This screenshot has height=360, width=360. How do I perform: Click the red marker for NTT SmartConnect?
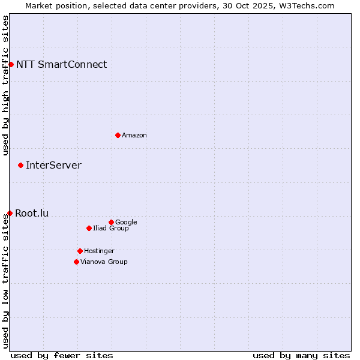(x=11, y=64)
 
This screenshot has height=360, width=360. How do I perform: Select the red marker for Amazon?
(x=118, y=135)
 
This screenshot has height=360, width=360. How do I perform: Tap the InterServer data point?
(x=20, y=165)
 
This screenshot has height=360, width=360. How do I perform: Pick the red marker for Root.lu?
(x=10, y=213)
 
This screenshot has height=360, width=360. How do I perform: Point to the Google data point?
(x=111, y=222)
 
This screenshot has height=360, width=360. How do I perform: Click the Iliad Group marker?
(x=89, y=228)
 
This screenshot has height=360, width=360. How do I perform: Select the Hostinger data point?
(x=80, y=251)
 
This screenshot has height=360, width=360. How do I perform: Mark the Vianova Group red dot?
(x=76, y=262)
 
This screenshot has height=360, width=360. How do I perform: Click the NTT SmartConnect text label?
(x=61, y=64)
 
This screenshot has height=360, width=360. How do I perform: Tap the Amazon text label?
(x=134, y=135)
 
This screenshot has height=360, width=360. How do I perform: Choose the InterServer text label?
(x=53, y=165)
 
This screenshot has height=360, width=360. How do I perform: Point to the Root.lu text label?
(x=32, y=213)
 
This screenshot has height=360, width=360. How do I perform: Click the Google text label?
(x=126, y=222)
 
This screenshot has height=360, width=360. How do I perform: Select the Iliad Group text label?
(x=111, y=228)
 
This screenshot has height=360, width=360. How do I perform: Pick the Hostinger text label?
(x=99, y=251)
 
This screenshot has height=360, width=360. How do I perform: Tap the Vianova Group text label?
(x=104, y=262)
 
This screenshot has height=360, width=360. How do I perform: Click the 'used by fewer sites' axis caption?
(x=62, y=355)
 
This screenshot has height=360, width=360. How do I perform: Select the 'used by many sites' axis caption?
(x=301, y=355)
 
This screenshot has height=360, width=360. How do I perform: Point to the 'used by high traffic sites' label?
(x=5, y=86)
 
